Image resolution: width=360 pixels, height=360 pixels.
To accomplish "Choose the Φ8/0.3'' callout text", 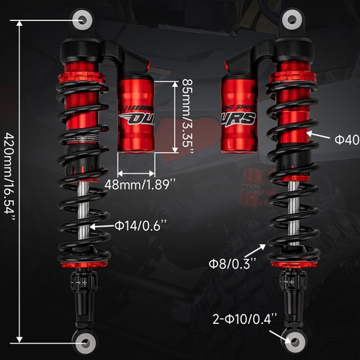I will [x=235, y=261].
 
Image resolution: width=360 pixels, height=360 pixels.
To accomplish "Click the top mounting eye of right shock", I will [x=292, y=18].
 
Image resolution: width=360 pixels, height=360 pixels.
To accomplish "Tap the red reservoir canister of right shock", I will [x=240, y=115].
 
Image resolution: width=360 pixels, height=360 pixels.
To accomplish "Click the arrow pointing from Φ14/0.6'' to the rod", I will [x=102, y=226].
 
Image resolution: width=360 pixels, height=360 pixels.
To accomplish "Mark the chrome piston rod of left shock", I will [x=84, y=209].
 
